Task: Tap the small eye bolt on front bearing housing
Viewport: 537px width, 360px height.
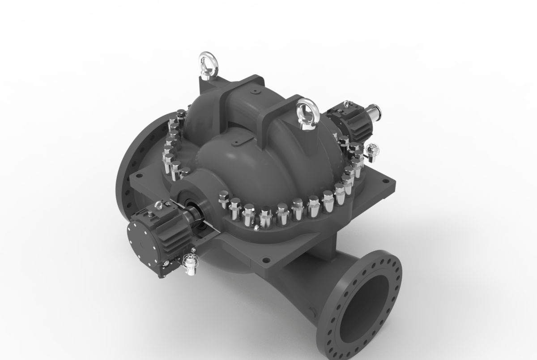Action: click(x=158, y=206)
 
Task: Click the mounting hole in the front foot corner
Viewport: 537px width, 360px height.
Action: click(x=266, y=259)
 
